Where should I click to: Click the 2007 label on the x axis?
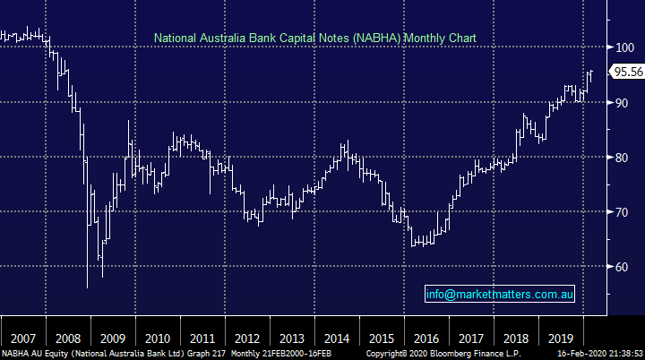click(x=22, y=339)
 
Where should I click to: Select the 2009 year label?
click(x=113, y=339)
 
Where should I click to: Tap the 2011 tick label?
click(x=203, y=339)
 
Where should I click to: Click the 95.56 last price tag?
click(x=625, y=73)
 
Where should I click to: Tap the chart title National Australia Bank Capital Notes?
click(x=314, y=38)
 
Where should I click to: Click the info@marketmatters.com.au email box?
click(x=499, y=294)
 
